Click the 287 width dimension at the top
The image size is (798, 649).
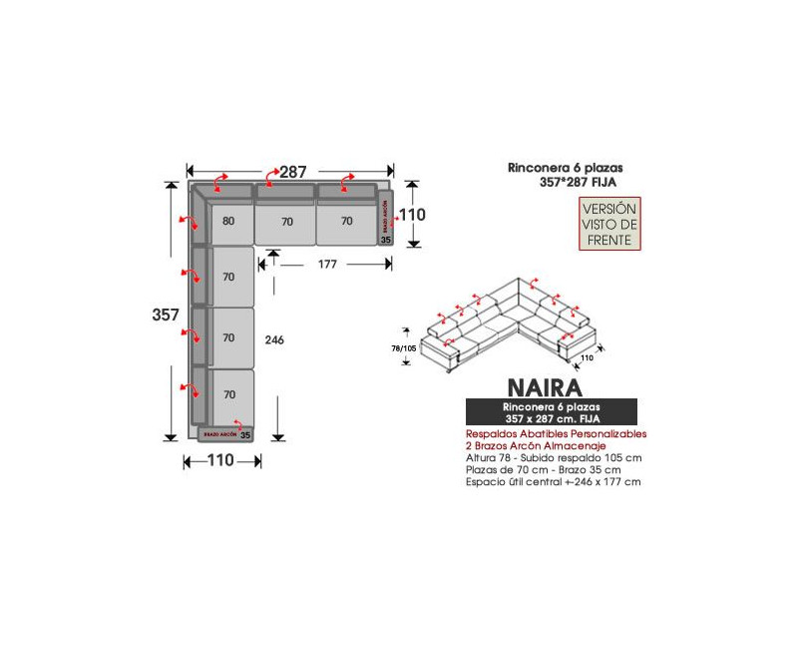292,172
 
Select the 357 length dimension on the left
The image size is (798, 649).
166,315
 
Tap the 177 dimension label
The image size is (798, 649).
327,265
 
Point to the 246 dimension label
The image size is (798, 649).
274,340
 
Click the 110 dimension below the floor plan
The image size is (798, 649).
220,461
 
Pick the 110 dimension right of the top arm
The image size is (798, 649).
412,214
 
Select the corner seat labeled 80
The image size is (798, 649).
229,222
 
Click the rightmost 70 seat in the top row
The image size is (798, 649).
346,222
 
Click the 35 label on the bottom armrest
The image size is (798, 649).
244,435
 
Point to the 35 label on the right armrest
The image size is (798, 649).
386,240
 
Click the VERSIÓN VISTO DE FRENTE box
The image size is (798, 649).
609,225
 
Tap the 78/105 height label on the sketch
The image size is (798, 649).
404,348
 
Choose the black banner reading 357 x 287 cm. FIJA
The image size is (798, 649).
551,413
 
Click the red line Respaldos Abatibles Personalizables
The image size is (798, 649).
557,435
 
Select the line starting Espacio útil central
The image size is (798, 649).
553,481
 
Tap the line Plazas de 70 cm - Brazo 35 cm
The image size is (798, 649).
543,469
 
